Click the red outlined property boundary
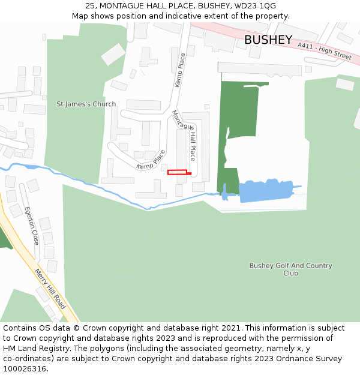[x=178, y=172]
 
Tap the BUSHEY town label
[x=268, y=40]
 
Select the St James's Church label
[x=86, y=104]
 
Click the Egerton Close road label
[x=32, y=225]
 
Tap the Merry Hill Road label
[x=50, y=289]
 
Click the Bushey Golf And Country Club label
[x=290, y=269]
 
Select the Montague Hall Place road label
[x=184, y=136]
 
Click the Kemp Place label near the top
[x=180, y=70]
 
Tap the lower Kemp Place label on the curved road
[x=151, y=160]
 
